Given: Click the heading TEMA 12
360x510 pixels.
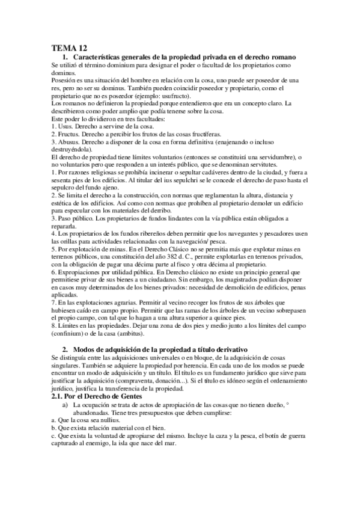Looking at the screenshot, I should click(x=68, y=48).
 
